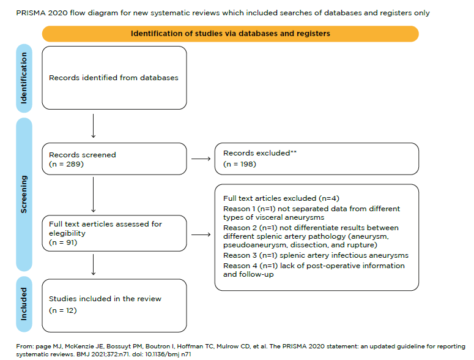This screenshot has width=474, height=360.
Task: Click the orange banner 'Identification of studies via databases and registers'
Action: point(231,34)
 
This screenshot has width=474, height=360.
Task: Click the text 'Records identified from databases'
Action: point(113,78)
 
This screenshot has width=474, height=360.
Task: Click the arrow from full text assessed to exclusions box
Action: point(199,233)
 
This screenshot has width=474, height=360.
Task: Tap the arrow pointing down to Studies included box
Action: point(92,264)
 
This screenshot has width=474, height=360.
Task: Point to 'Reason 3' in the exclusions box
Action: point(238,255)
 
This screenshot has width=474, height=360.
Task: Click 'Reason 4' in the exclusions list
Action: point(238,266)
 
